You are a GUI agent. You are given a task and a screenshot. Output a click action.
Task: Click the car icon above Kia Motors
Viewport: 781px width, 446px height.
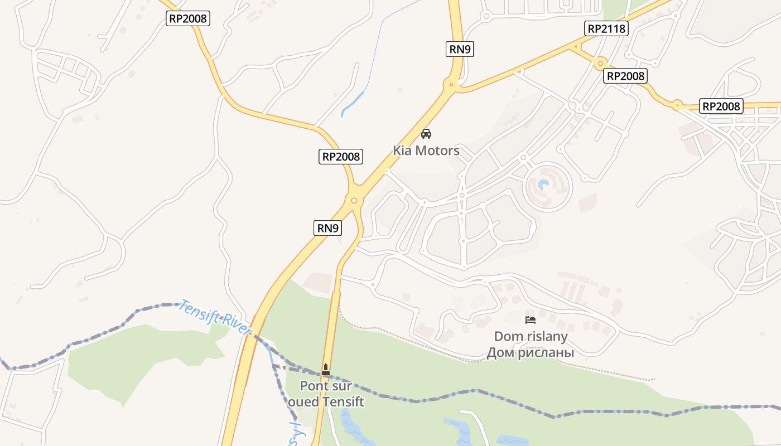coord(426,134)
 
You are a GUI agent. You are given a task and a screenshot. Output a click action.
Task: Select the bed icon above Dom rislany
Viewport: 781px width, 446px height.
coord(531,320)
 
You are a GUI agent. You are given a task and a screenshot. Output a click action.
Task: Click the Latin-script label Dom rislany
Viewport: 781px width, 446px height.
coord(531,337)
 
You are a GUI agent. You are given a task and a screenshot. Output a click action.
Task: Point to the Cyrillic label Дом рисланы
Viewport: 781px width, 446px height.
coord(531,352)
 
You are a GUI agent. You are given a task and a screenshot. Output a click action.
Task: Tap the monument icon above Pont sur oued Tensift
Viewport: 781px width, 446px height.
coord(326,369)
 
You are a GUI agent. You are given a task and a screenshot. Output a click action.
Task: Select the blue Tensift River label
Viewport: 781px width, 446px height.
coord(215,318)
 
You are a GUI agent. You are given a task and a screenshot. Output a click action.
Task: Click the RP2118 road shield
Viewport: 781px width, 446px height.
coord(607,28)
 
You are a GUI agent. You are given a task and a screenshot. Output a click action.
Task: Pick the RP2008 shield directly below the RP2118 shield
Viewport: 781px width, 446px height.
coord(626,76)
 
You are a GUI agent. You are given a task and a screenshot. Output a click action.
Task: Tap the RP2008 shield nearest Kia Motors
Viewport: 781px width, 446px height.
coord(341,157)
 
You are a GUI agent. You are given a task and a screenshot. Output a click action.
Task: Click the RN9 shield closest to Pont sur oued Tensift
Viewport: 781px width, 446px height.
coord(327,227)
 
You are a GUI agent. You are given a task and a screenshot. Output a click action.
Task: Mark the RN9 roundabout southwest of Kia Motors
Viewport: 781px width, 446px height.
coord(354,201)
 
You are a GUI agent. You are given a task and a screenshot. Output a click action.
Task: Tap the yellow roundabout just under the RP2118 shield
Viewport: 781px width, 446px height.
coord(600,63)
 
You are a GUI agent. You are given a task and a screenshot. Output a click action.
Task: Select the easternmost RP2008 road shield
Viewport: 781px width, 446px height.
coord(722,106)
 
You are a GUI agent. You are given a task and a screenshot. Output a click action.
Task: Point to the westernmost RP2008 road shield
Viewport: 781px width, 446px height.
coord(188,18)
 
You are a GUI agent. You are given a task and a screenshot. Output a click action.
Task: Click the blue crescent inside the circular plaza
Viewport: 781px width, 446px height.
coord(544,185)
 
